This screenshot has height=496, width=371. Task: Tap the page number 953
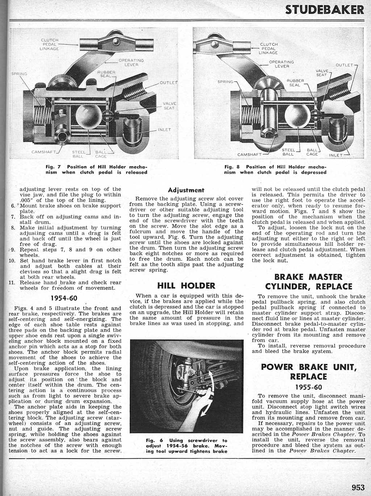pyautogui.click(x=358, y=487)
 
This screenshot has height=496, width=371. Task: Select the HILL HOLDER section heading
pyautogui.click(x=186, y=286)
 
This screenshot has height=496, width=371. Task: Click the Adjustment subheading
pyautogui.click(x=186, y=190)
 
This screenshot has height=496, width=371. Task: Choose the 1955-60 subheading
pyautogui.click(x=309, y=386)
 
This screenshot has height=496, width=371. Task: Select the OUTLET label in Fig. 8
pyautogui.click(x=344, y=65)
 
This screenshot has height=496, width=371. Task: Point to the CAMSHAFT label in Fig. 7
pyautogui.click(x=42, y=152)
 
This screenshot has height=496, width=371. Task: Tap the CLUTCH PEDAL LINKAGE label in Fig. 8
pyautogui.click(x=268, y=49)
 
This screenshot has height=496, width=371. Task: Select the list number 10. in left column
pyautogui.click(x=12, y=260)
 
